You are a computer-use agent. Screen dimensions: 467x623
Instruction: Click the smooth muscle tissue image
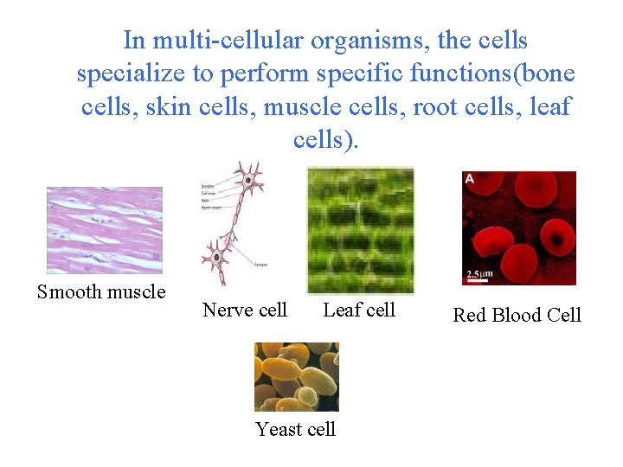104,230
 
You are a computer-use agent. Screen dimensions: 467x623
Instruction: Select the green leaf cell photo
360,230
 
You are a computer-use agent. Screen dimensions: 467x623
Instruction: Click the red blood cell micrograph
518,227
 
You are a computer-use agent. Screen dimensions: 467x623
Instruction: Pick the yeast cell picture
296,377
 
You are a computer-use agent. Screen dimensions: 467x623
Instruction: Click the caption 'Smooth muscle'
101,291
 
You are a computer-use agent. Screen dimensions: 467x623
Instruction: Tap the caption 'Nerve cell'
245,310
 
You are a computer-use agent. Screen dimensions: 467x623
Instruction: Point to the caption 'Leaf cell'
359,310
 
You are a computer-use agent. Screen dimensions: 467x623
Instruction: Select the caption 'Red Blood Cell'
517,315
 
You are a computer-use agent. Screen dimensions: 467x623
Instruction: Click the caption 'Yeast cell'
296,429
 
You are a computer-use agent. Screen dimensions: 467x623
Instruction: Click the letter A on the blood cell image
469,178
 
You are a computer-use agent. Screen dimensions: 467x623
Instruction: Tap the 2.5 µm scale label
482,275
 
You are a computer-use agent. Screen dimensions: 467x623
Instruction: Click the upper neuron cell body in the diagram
249,181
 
